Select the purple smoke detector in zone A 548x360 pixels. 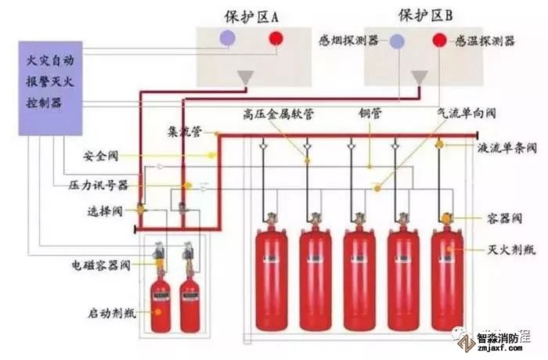[228, 38]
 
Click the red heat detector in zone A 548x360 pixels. [276, 38]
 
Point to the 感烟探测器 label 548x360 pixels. [349, 40]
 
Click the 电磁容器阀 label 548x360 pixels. [98, 267]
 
